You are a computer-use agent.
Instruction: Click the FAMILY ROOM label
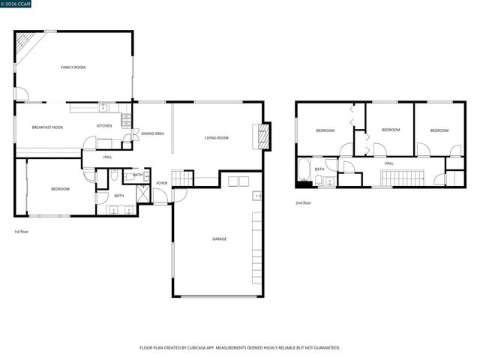tap(73, 67)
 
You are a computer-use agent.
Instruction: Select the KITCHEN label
tap(104, 125)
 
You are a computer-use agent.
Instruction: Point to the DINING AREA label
tap(153, 133)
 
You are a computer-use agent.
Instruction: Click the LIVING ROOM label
tap(217, 138)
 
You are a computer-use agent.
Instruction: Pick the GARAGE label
tap(218, 239)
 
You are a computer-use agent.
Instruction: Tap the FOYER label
tap(161, 183)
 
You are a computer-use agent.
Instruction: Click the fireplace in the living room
tap(262, 136)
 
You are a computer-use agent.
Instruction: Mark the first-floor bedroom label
tap(60, 189)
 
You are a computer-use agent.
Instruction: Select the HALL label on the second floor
tap(388, 163)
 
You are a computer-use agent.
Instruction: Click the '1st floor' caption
tap(22, 232)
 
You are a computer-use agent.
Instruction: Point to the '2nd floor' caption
tap(303, 202)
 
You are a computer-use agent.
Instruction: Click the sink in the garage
tap(257, 196)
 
